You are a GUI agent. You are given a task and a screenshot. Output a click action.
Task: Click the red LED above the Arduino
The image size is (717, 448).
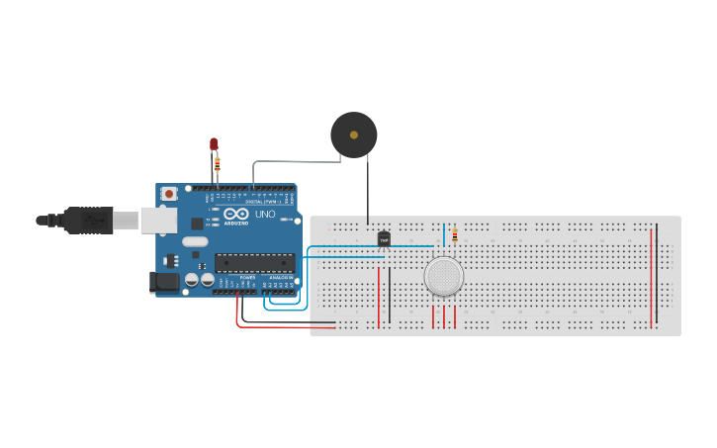pos(214,144)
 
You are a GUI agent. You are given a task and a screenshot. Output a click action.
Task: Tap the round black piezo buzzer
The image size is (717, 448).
pos(353,135)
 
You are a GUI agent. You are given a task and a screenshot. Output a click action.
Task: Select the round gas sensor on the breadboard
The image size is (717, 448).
pos(444,277)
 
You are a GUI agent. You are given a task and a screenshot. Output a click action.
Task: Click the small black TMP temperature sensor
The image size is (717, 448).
pos(384,238)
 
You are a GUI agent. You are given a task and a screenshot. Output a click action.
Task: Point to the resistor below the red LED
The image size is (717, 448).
pos(218,163)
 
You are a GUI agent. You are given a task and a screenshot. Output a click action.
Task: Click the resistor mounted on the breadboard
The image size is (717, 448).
pos(454,235)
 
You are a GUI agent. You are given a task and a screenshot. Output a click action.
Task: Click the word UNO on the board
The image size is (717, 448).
pos(265,214)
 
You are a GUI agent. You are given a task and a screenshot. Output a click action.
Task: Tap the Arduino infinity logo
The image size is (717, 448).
pos(235,214)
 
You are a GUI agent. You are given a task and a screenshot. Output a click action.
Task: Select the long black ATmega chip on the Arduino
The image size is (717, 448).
pos(254,263)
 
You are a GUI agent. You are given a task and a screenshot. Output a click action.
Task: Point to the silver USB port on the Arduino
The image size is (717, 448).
pos(158,220)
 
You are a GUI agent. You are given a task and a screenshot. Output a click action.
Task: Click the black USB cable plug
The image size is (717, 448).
pos(89,220)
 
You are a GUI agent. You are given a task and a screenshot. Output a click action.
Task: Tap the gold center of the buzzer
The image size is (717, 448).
pos(353,134)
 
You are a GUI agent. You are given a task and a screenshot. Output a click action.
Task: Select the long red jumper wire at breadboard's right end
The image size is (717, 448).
pos(651,277)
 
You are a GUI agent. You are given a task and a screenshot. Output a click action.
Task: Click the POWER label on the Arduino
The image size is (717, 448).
pos(247,278)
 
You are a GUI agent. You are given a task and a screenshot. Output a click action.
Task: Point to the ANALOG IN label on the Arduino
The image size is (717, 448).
pos(280,278)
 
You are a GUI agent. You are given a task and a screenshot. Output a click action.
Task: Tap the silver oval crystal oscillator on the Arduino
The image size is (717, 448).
pos(195,241)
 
